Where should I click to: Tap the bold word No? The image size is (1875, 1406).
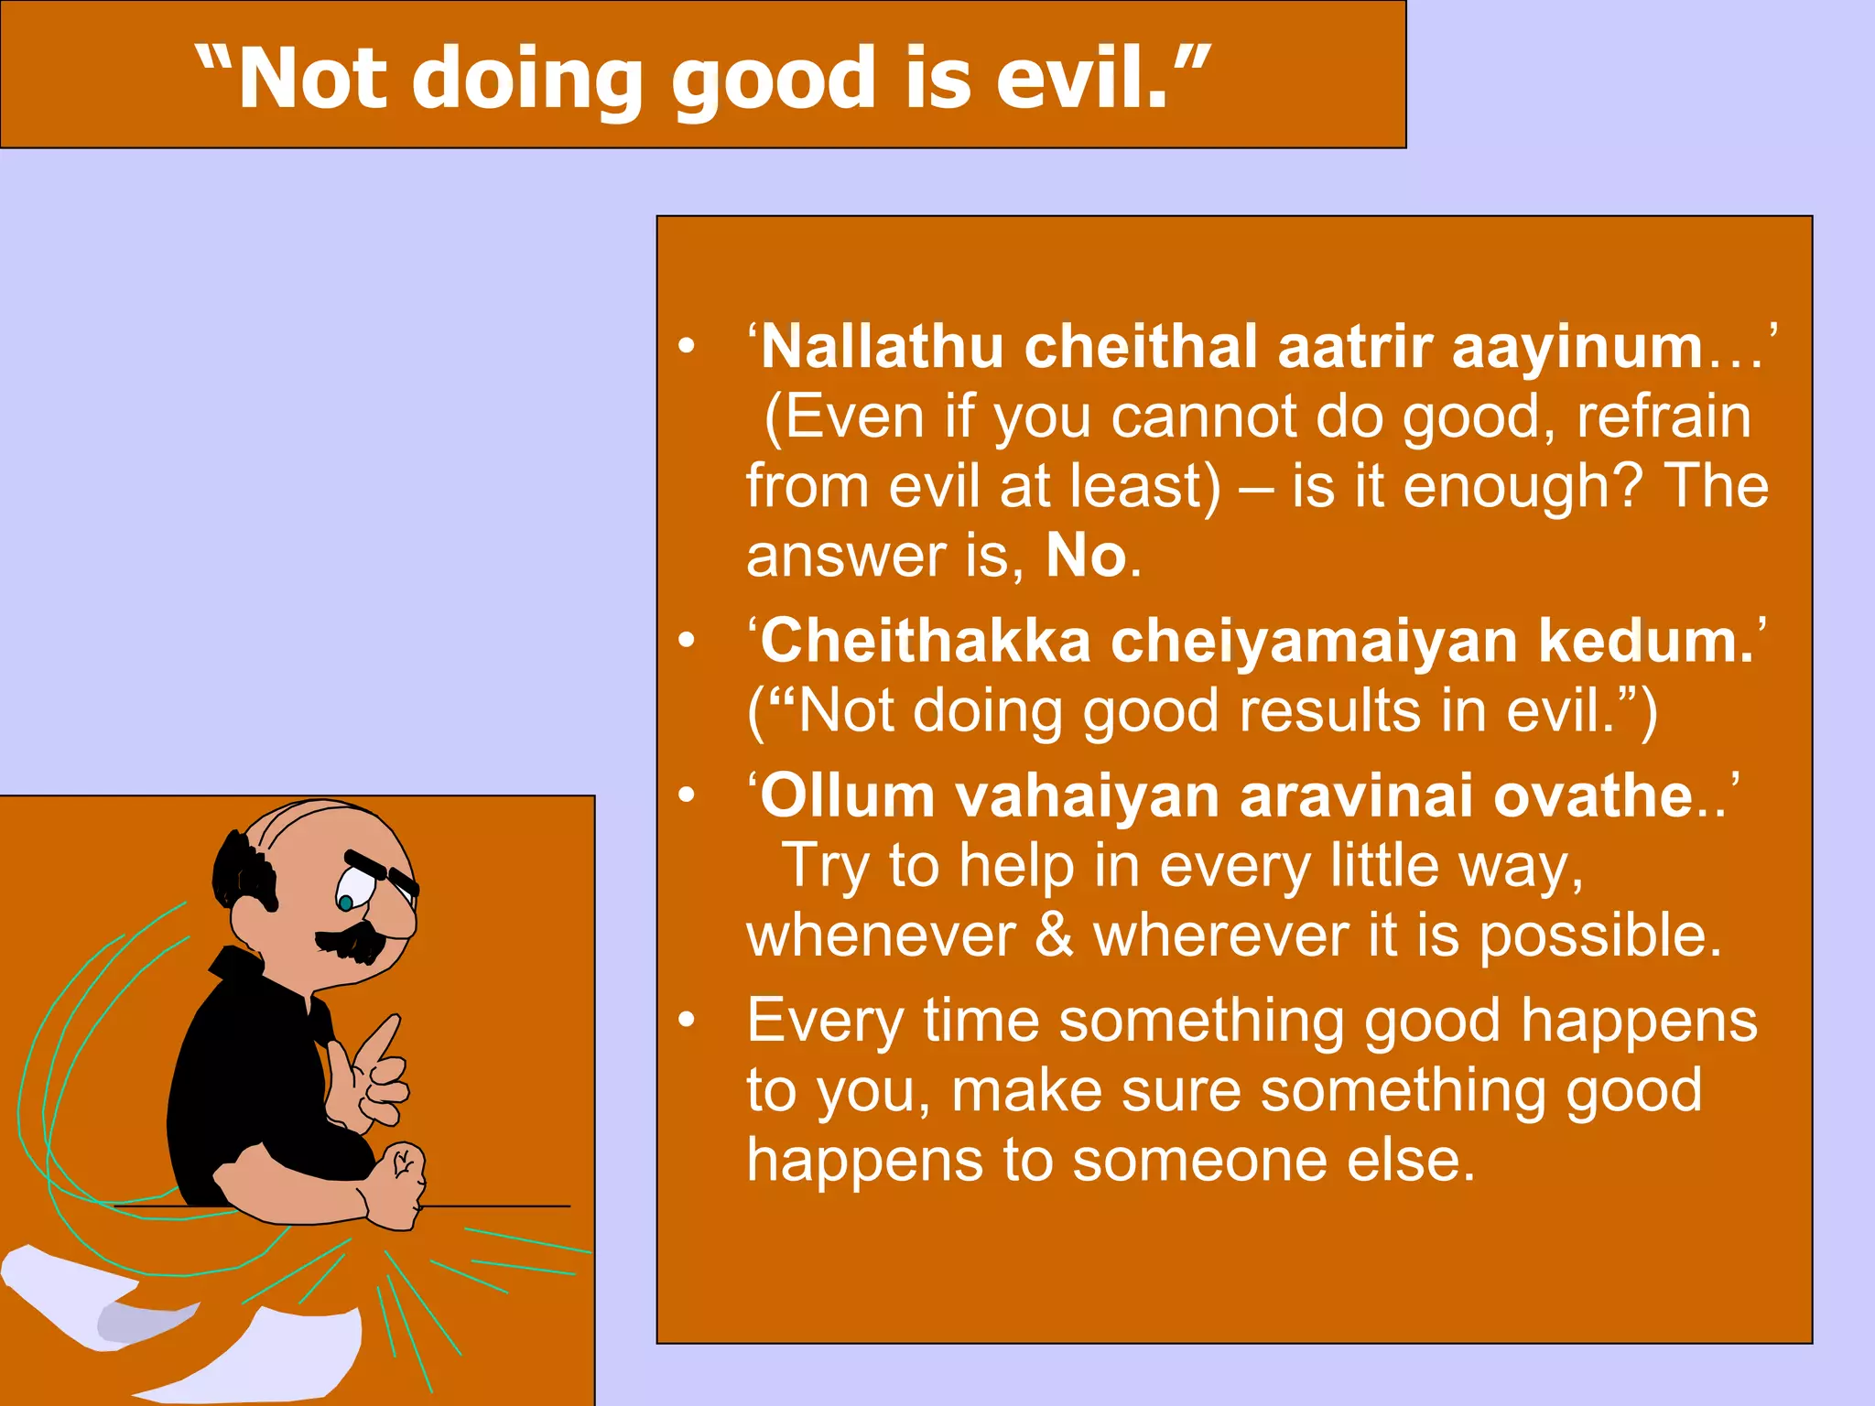coord(1086,555)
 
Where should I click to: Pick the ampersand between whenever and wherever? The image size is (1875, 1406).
coord(1054,936)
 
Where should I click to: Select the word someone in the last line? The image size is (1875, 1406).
coord(1199,1160)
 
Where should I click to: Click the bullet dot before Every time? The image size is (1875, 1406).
coord(687,1021)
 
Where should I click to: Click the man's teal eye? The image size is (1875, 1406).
coord(345,903)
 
